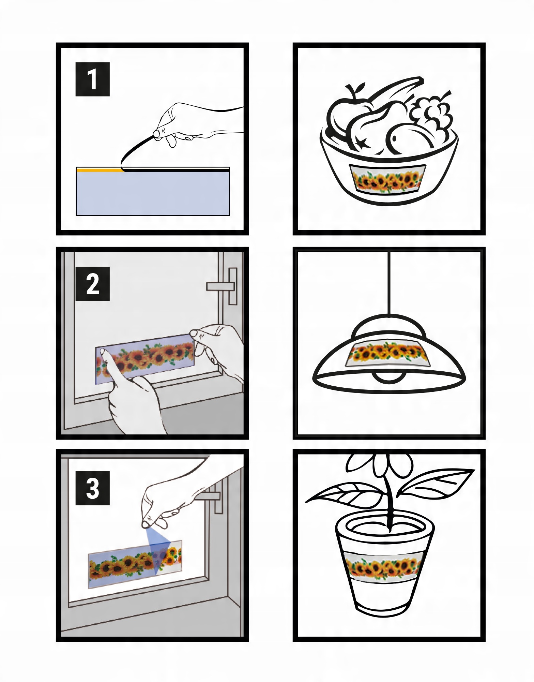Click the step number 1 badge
92,79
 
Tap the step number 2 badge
92,284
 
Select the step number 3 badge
92,488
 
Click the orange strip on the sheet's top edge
100,169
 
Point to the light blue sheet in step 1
153,193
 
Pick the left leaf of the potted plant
344,494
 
